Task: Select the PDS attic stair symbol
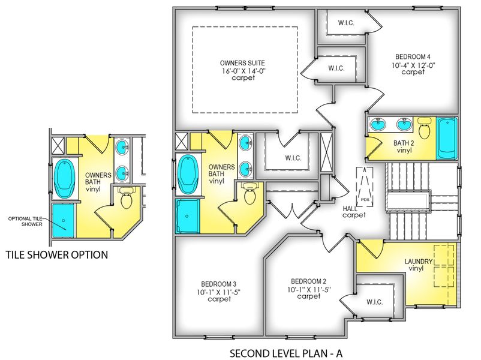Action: (364, 187)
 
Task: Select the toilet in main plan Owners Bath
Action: (249, 193)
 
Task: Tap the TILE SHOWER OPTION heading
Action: (56, 255)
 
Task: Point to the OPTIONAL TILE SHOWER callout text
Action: (25, 221)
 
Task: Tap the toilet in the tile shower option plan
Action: (127, 199)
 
